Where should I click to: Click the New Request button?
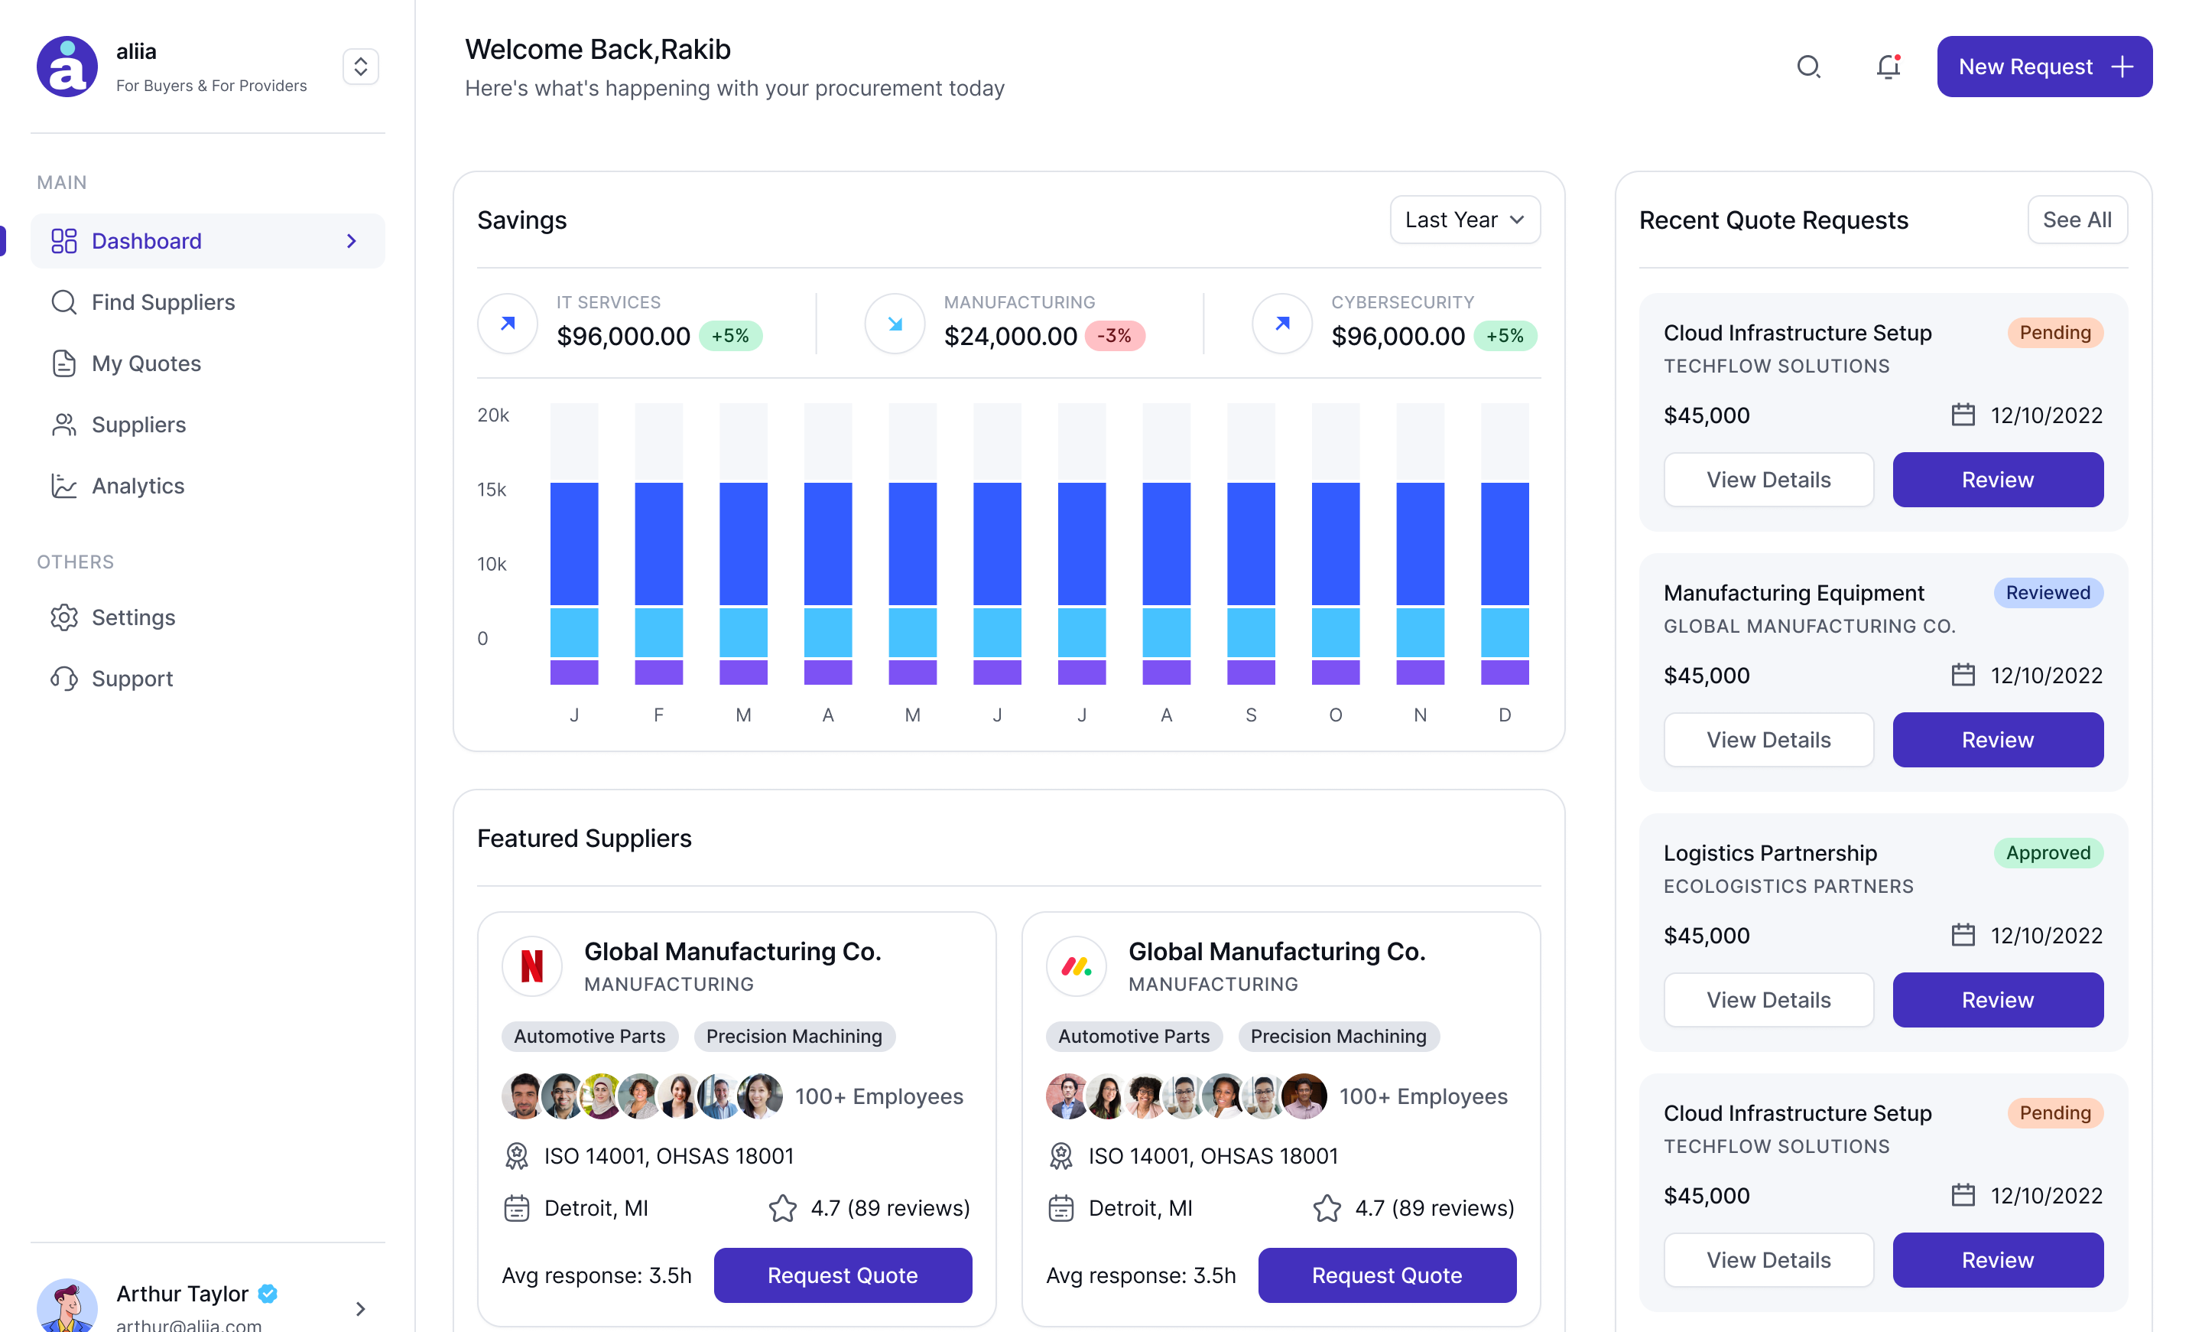[2044, 67]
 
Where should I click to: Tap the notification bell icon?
[1888, 67]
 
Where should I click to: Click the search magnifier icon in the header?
[1808, 67]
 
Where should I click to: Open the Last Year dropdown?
[1464, 220]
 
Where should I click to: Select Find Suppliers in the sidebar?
[163, 302]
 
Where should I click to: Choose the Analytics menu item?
[138, 485]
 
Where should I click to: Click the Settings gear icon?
[64, 617]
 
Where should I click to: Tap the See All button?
[2076, 220]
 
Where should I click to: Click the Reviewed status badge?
[2047, 593]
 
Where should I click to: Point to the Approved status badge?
[2048, 853]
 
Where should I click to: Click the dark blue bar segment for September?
[1250, 543]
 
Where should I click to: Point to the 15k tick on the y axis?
[492, 490]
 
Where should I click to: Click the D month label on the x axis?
[1504, 715]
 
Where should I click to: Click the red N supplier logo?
[531, 966]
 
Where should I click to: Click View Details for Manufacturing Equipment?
[1768, 740]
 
